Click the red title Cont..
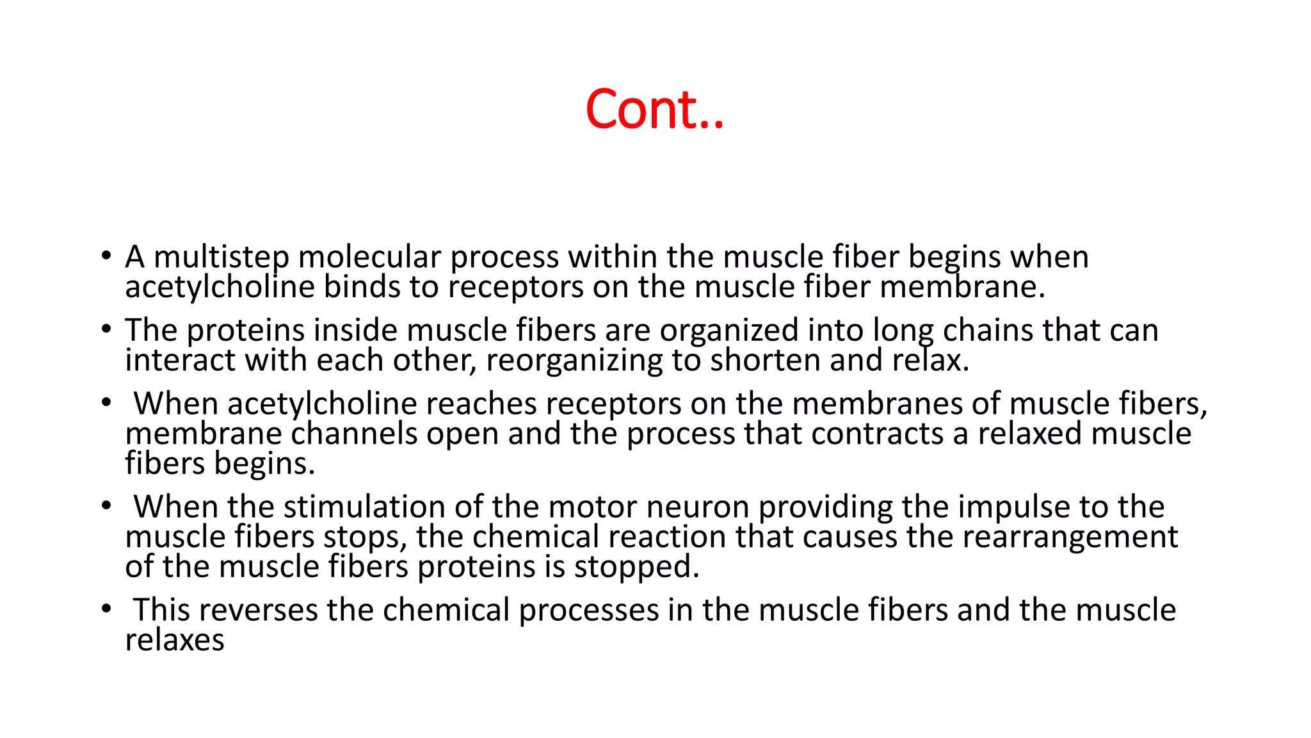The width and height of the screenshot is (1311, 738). coord(654,109)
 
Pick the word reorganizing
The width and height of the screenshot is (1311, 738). coord(574,361)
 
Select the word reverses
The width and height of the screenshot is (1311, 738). coord(262,610)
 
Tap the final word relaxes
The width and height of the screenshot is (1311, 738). coord(175,640)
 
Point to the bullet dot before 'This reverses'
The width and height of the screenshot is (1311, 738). coord(106,609)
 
